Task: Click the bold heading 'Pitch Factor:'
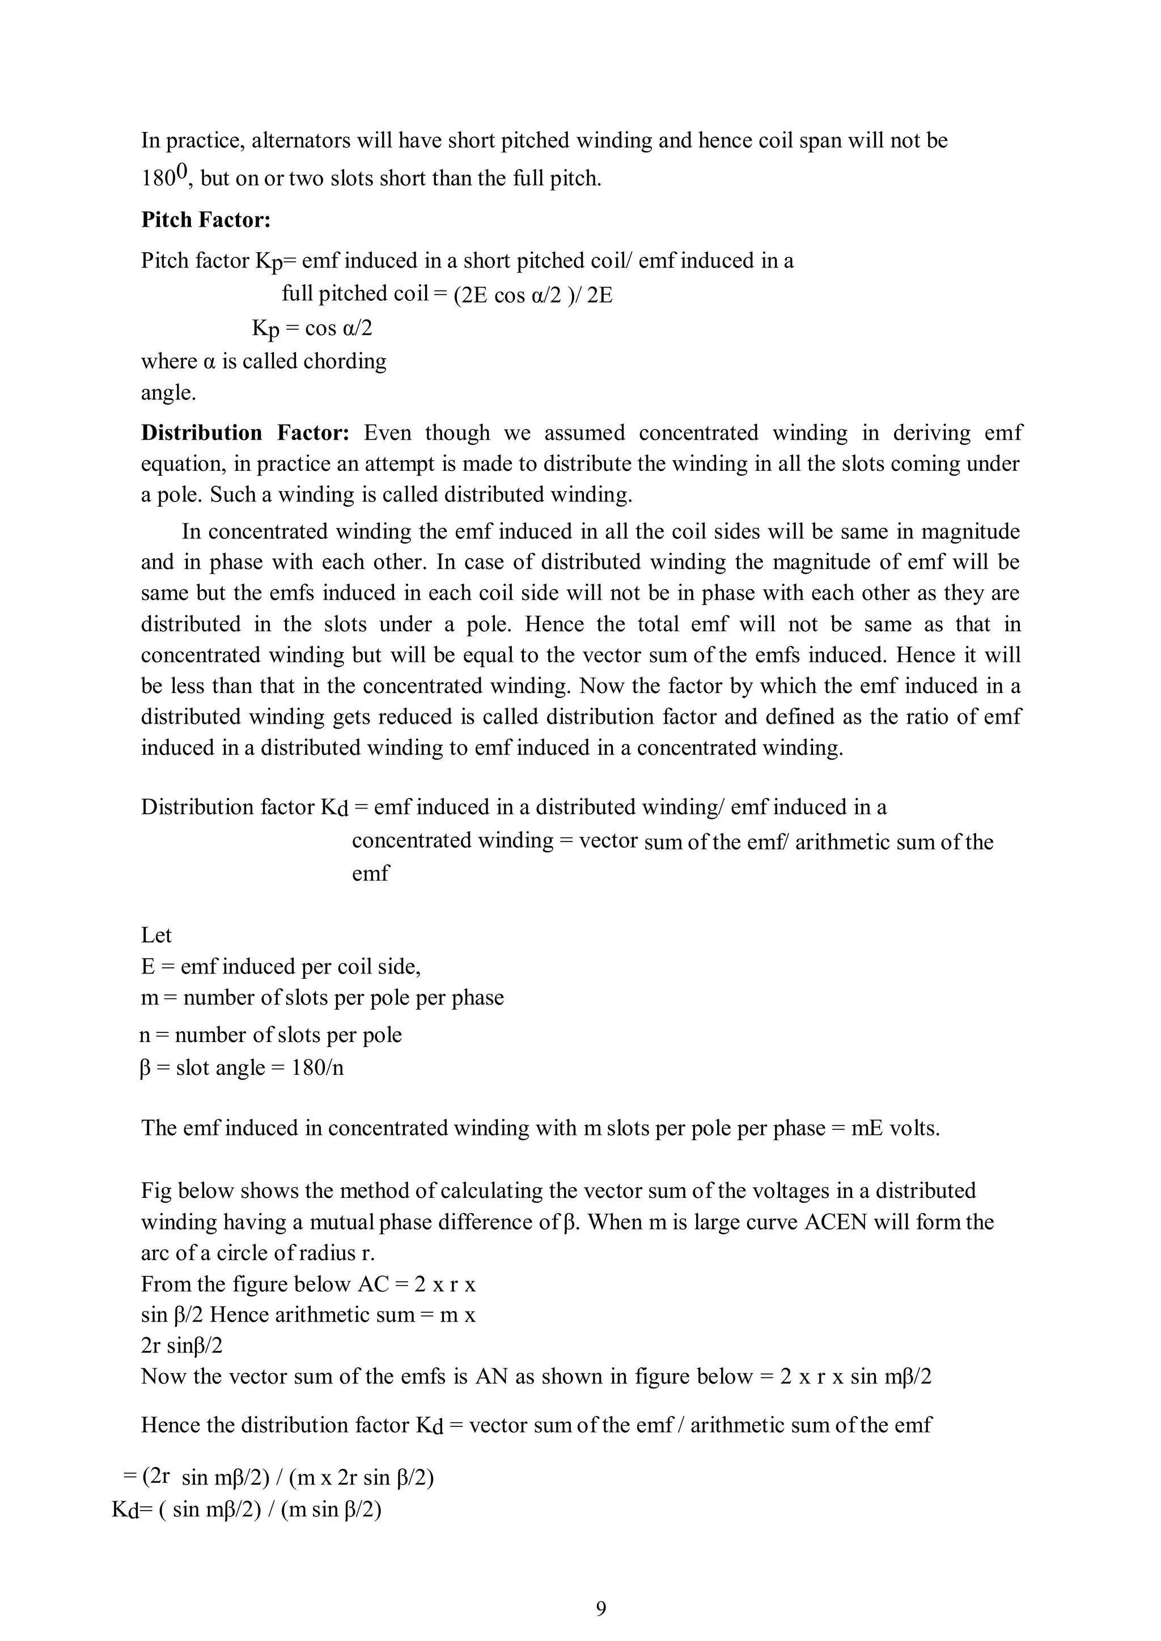tap(206, 219)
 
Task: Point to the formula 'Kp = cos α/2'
tap(312, 328)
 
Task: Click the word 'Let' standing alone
tap(156, 935)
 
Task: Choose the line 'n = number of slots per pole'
tap(271, 1035)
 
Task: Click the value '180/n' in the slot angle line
tap(318, 1068)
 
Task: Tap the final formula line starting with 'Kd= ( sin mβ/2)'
tap(247, 1510)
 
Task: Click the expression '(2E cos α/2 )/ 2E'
tap(533, 295)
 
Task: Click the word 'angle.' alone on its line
tap(168, 392)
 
